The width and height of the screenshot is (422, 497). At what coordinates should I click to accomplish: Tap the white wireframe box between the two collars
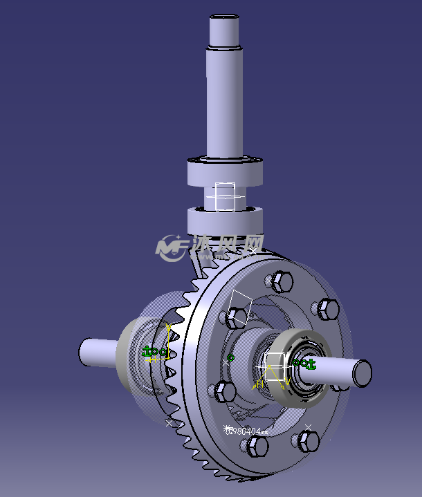tap(226, 196)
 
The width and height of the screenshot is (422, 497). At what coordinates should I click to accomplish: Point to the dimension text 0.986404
tap(246, 431)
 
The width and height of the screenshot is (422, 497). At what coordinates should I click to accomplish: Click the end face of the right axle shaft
tap(363, 373)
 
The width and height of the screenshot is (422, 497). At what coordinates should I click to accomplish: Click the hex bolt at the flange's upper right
tap(326, 308)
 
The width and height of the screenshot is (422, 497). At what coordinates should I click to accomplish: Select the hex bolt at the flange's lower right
tap(305, 440)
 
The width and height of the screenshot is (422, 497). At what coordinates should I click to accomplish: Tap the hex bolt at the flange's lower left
tap(225, 391)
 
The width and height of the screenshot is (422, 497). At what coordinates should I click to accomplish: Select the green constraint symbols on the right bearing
tap(304, 363)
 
